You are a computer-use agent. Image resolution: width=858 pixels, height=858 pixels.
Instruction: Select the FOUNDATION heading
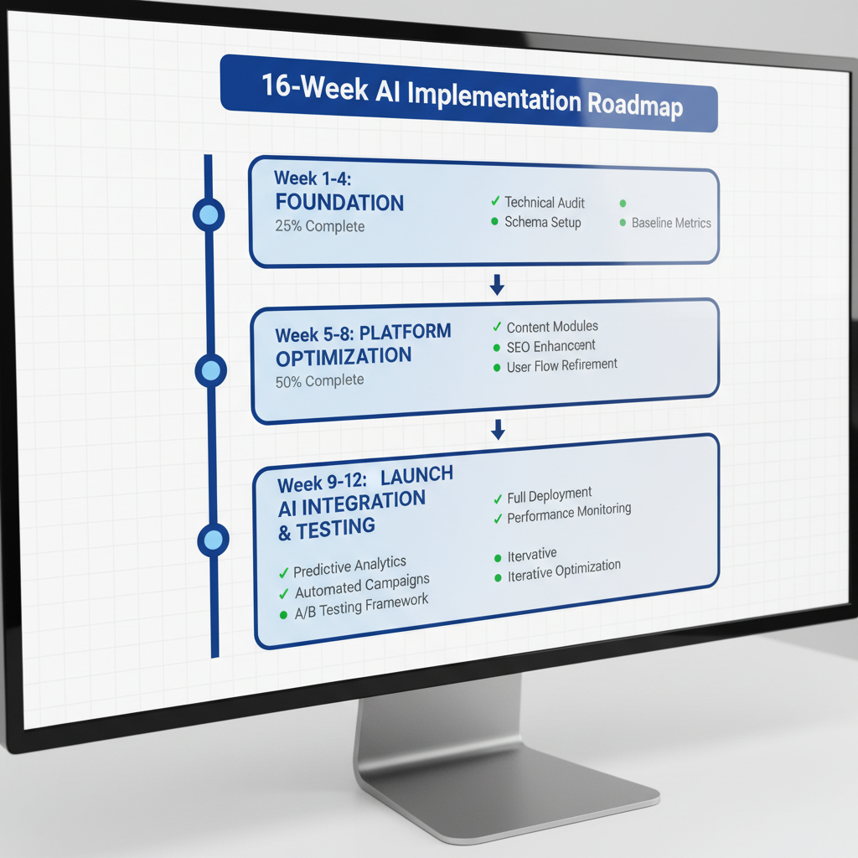(339, 203)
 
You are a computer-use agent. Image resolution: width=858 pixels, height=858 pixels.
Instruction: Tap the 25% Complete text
(320, 226)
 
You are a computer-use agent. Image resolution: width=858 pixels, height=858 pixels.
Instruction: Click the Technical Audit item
(544, 202)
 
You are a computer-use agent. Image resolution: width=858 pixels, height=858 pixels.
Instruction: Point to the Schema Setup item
(542, 222)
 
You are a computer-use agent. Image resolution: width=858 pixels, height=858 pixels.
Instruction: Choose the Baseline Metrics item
(670, 223)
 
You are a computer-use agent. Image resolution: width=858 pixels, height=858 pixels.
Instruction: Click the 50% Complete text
(320, 380)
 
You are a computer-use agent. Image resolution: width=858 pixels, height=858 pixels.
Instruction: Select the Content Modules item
(552, 327)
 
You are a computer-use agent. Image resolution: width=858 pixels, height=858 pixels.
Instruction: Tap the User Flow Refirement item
(561, 366)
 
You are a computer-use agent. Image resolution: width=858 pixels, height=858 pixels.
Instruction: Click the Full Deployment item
(549, 495)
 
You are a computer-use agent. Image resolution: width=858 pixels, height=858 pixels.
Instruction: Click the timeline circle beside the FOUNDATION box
(209, 215)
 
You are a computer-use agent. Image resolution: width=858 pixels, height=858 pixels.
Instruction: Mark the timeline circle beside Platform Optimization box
(210, 370)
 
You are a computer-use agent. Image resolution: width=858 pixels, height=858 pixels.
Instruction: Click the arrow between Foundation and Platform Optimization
(497, 285)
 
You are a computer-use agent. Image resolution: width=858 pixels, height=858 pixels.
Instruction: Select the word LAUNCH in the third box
(416, 476)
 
